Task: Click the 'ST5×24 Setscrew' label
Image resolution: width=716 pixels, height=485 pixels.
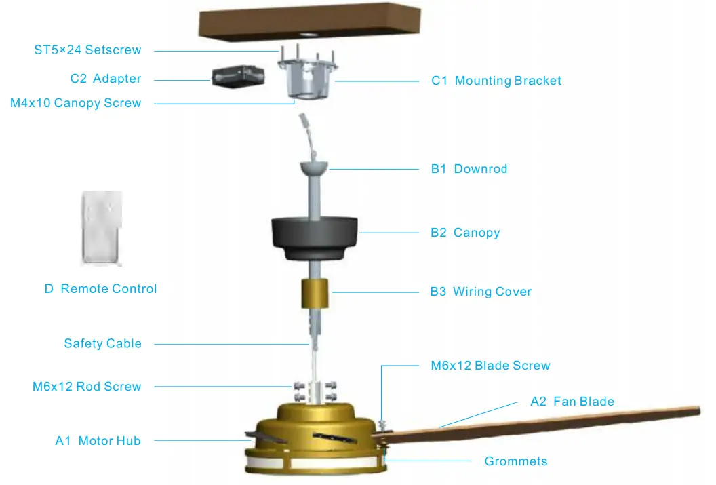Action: pyautogui.click(x=87, y=50)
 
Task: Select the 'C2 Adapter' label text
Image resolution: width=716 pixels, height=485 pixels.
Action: pyautogui.click(x=106, y=79)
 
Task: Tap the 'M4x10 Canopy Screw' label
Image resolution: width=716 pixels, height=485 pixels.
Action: pyautogui.click(x=75, y=103)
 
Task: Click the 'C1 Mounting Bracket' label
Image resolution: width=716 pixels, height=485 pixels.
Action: pyautogui.click(x=496, y=81)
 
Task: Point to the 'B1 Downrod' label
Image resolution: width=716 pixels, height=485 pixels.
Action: pyautogui.click(x=469, y=169)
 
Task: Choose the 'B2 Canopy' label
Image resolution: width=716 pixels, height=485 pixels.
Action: pyautogui.click(x=465, y=233)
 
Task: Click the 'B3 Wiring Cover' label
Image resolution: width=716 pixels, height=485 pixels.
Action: pyautogui.click(x=481, y=292)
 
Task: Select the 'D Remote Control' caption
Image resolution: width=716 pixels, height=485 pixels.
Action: pyautogui.click(x=100, y=289)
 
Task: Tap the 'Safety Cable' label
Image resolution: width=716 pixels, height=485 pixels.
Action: pyautogui.click(x=102, y=343)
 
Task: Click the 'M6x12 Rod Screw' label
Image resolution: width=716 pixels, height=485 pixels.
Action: pyautogui.click(x=87, y=387)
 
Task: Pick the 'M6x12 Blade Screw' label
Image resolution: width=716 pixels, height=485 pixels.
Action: pyautogui.click(x=490, y=366)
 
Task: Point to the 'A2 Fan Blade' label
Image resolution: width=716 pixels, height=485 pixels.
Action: pyautogui.click(x=572, y=402)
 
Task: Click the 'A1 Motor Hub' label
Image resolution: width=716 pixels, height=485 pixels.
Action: pyautogui.click(x=98, y=441)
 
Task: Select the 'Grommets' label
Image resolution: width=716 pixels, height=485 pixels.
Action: pyautogui.click(x=515, y=461)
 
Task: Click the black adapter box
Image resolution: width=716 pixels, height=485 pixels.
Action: pyautogui.click(x=233, y=78)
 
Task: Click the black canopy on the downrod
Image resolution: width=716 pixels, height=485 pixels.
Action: pyautogui.click(x=315, y=237)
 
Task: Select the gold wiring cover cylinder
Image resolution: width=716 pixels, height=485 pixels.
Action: pyautogui.click(x=315, y=294)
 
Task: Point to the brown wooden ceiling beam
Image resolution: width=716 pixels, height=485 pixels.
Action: pyautogui.click(x=309, y=21)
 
